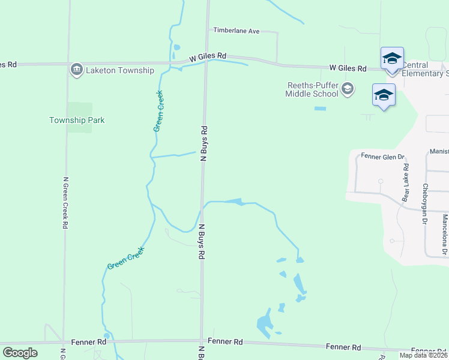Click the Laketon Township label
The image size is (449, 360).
tap(120, 70)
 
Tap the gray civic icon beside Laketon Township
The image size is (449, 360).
tap(77, 70)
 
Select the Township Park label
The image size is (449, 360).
tap(77, 120)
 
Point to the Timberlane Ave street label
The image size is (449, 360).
tap(237, 31)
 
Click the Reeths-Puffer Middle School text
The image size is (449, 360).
tap(312, 89)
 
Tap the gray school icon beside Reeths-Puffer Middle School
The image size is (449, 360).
tap(347, 89)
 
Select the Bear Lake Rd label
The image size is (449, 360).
tap(406, 182)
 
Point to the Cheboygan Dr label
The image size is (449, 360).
tap(425, 204)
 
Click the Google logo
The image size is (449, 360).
tap(20, 353)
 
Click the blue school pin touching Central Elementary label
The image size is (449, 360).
tap(392, 59)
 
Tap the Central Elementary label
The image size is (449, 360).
tap(425, 69)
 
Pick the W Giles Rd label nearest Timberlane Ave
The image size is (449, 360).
tap(208, 56)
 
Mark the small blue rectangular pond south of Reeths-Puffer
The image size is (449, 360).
tap(320, 109)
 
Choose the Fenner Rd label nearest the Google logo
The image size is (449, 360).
tap(88, 342)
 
